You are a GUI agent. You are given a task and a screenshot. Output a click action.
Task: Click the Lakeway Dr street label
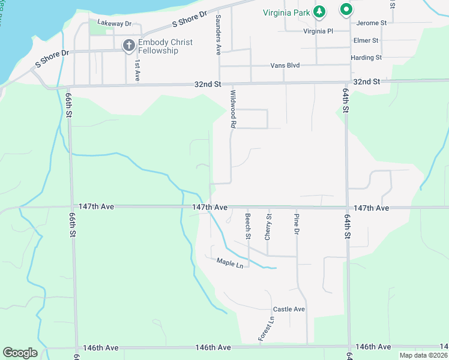[114, 23]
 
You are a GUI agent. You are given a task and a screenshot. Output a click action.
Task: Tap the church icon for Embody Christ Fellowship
[128, 45]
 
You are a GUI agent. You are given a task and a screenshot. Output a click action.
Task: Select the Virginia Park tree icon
[321, 11]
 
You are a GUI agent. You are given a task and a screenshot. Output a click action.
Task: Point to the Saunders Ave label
[218, 34]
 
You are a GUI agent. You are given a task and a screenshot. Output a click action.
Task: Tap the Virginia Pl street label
[318, 31]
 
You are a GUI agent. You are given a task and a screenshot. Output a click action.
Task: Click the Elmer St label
[366, 40]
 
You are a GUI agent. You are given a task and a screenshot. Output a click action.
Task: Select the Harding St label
[366, 58]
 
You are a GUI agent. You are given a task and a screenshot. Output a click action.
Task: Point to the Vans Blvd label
[285, 65]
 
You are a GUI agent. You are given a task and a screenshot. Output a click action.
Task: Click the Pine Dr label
[296, 224]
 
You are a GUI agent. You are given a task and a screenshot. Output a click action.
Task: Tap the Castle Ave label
[289, 309]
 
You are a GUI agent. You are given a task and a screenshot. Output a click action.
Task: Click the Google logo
[20, 353]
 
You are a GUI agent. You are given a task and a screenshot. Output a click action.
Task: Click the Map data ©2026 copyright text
[423, 355]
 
